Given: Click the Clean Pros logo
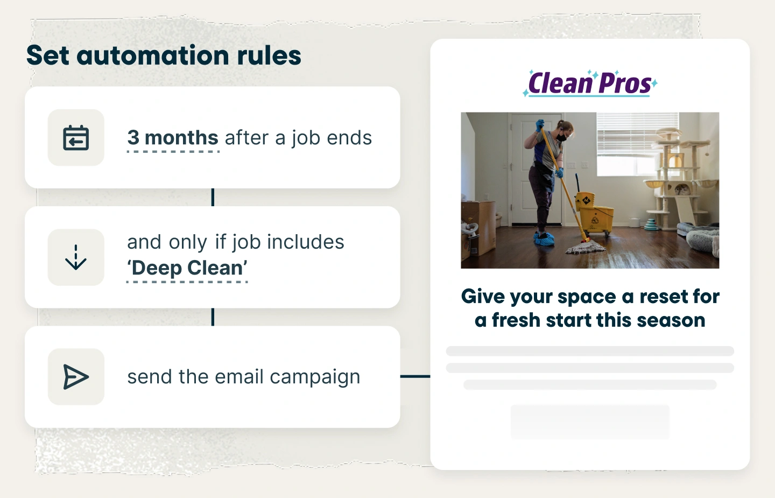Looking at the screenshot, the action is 590,83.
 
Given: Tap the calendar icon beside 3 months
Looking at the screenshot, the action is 76,138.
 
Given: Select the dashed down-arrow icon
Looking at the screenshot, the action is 76,257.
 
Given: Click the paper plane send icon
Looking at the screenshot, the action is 76,376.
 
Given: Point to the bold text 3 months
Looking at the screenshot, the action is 173,138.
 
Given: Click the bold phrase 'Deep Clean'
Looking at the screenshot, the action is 187,268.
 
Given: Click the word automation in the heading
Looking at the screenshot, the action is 153,55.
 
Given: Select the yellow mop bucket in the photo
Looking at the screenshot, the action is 593,213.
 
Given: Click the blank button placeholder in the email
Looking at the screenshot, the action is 590,422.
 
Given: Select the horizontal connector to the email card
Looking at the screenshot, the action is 415,376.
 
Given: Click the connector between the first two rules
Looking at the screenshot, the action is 213,197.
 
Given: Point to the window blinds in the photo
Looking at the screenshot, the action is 637,133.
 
